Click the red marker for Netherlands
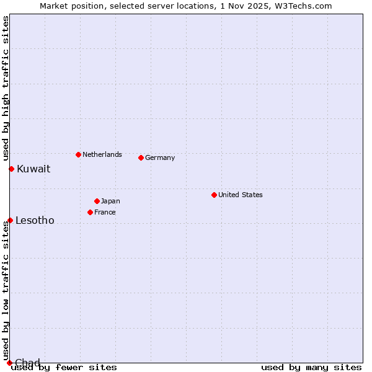tap(78, 154)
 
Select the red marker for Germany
tap(141, 157)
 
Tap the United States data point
tap(214, 195)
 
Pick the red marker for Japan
tap(97, 201)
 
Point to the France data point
tap(90, 212)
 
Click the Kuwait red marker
tap(11, 169)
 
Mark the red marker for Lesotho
tap(10, 220)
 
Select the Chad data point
tap(9, 363)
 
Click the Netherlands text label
tap(102, 154)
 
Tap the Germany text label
tap(160, 157)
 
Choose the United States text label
tap(241, 195)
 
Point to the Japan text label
tap(110, 201)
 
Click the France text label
tap(105, 212)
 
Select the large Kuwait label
tap(33, 169)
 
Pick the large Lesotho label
tap(35, 220)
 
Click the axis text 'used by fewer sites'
tap(64, 367)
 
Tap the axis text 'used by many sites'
tap(311, 367)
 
